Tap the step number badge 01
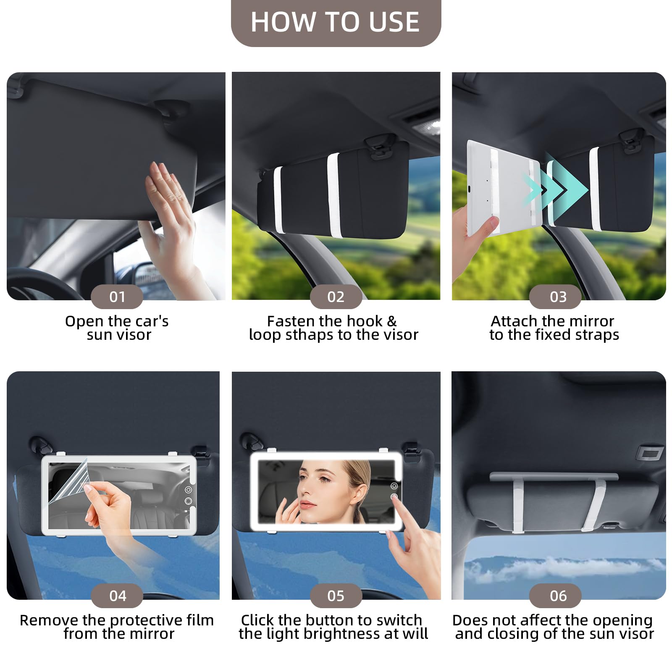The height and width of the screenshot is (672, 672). [x=117, y=297]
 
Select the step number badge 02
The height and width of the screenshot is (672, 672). [x=336, y=297]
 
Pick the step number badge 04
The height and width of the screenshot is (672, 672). [x=117, y=596]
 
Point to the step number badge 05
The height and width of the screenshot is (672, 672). [x=336, y=596]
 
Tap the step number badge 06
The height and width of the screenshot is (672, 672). [x=555, y=596]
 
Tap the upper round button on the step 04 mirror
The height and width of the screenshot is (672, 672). [x=188, y=490]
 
